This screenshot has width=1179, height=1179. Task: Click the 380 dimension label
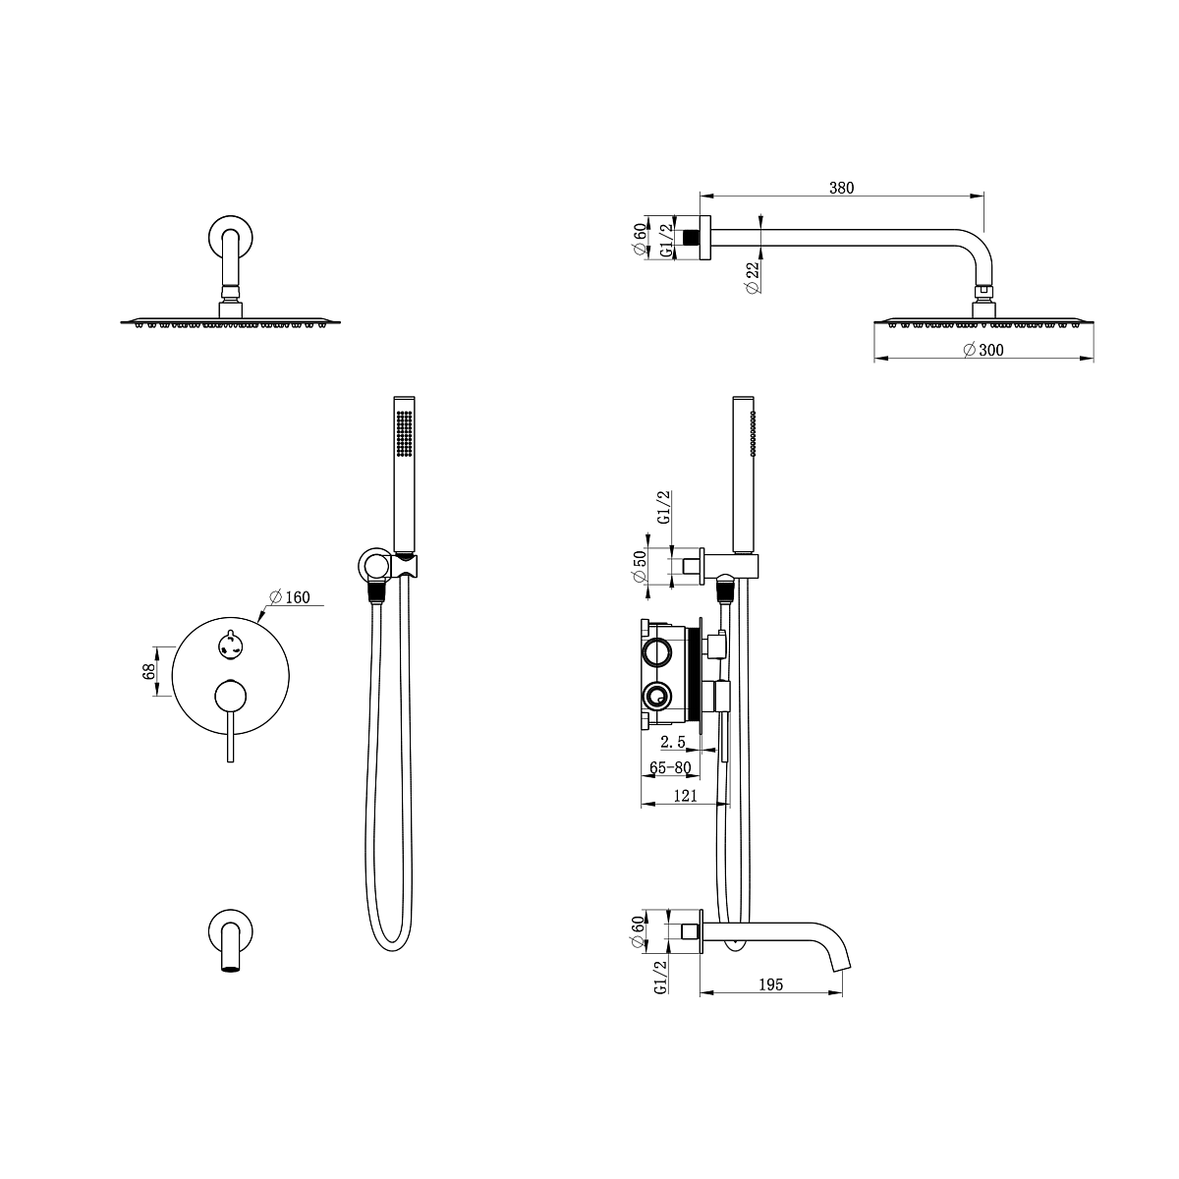point(841,188)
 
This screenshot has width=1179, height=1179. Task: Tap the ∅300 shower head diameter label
point(983,350)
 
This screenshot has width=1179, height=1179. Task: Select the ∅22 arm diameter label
point(754,277)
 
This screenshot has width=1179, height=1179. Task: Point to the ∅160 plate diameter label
point(290,597)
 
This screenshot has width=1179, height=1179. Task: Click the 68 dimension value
point(148,671)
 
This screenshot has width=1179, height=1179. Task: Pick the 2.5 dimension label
point(672,742)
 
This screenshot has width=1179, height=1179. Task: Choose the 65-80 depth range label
point(670,768)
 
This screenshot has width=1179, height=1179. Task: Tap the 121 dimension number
point(685,796)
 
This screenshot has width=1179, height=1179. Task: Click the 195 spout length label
point(771,984)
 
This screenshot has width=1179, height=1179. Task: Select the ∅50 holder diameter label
point(640,567)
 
